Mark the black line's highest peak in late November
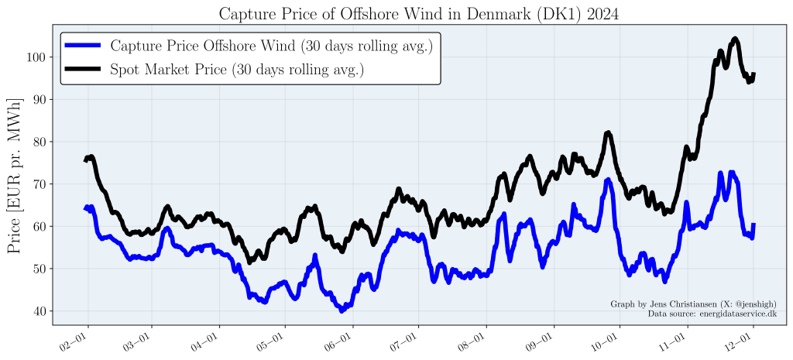pyautogui.click(x=734, y=39)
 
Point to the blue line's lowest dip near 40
pyautogui.click(x=342, y=310)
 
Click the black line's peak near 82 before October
pyautogui.click(x=608, y=133)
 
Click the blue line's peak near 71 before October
pyautogui.click(x=609, y=180)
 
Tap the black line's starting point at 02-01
pyautogui.click(x=85, y=160)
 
